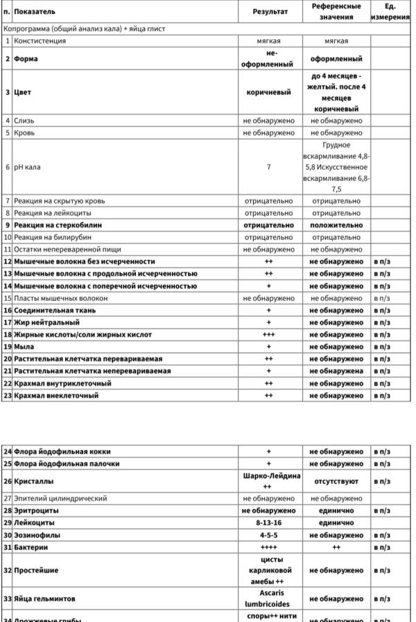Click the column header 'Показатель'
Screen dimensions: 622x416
point(35,12)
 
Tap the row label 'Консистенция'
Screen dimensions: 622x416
point(40,41)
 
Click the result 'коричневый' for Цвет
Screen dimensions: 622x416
point(268,92)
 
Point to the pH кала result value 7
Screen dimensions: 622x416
point(268,167)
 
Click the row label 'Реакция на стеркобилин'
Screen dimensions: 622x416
point(58,225)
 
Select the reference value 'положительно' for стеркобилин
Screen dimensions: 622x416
point(336,225)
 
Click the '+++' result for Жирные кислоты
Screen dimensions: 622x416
point(268,334)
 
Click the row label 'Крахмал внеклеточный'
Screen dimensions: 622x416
point(56,395)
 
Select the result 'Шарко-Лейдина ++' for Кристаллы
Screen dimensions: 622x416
point(268,481)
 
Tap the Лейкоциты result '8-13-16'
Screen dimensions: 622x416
point(268,523)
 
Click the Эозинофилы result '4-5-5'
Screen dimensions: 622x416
point(268,535)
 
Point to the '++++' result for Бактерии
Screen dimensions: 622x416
point(268,547)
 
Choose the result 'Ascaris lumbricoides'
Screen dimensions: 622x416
point(268,598)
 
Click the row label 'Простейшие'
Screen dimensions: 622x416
point(36,570)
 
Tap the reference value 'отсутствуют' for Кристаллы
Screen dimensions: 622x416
point(336,481)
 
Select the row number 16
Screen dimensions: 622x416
point(8,310)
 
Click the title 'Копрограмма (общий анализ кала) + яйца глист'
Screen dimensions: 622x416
point(85,29)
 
